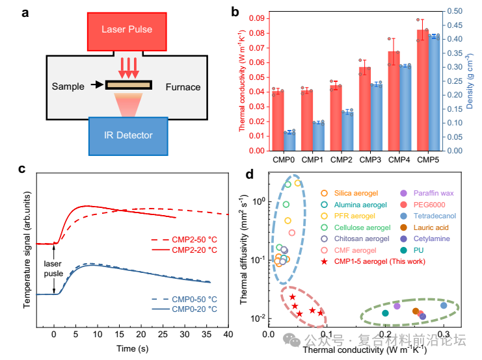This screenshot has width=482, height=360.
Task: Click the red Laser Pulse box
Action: click(x=127, y=32)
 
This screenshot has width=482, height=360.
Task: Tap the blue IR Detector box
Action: click(x=128, y=136)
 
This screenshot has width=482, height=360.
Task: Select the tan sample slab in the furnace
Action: click(x=129, y=84)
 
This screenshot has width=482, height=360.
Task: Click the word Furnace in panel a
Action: click(x=183, y=87)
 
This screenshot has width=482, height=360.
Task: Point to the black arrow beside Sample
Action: click(x=98, y=84)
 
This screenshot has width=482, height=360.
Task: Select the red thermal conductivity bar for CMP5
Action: click(x=422, y=90)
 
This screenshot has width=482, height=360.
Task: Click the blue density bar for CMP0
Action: click(x=289, y=142)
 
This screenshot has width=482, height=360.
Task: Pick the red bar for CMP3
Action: click(x=364, y=109)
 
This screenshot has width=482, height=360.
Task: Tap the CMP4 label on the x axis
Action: click(x=399, y=160)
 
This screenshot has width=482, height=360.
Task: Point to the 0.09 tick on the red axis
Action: click(x=257, y=18)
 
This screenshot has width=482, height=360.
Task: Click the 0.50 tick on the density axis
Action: click(x=455, y=11)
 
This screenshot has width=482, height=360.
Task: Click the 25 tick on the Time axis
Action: click(x=163, y=335)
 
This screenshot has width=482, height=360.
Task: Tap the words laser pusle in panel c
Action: click(x=53, y=269)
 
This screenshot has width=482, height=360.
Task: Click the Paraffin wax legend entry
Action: click(x=427, y=193)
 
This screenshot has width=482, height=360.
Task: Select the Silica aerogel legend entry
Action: click(x=349, y=193)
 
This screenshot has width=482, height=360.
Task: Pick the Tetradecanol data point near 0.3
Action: click(x=444, y=305)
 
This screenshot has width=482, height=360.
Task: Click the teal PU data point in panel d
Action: click(x=385, y=313)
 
